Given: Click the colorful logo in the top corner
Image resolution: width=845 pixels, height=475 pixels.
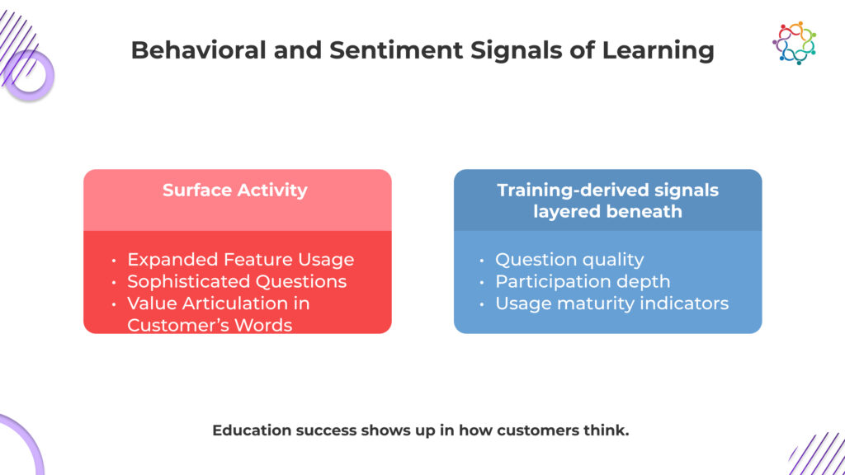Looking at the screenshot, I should coord(794,43).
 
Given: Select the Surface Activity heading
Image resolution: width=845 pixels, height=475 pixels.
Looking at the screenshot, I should coord(235,190).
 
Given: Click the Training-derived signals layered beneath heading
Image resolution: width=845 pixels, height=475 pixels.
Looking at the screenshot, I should coord(607,200).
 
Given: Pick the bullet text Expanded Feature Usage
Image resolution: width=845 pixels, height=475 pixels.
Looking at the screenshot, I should coord(241,260).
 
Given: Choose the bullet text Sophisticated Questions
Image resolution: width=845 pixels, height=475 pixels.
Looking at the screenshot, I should coord(237,281).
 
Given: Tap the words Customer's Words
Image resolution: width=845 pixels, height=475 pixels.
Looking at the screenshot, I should coord(210,325).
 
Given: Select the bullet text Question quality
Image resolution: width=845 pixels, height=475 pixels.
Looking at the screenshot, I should coord(569,260).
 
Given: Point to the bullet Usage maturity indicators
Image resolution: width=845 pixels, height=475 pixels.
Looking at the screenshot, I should coord(611,303).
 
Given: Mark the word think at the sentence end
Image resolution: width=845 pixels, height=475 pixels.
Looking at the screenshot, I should coord(611,430).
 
